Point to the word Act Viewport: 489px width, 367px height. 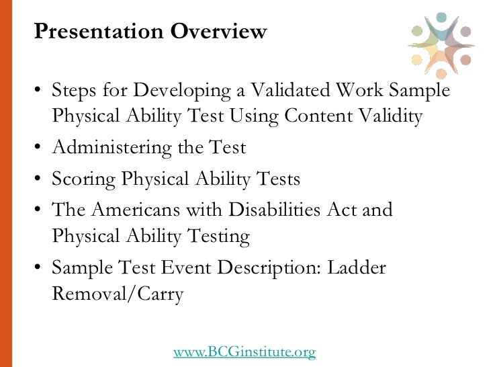click(345, 210)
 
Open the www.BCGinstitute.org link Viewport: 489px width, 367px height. click(244, 351)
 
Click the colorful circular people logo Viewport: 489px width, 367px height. click(441, 44)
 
